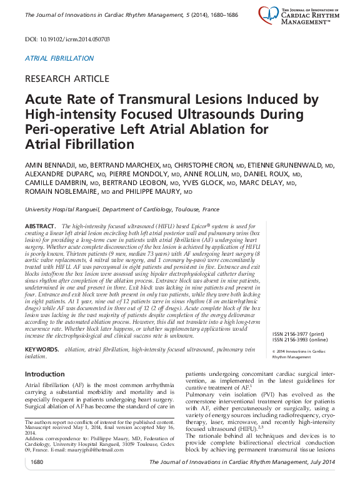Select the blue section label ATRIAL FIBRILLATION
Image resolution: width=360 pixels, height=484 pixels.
pyautogui.click(x=59, y=58)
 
